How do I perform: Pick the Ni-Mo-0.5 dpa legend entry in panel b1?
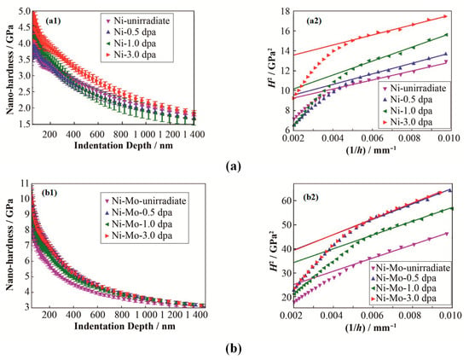click(x=139, y=212)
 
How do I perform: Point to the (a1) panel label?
click(x=53, y=21)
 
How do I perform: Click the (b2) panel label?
click(x=310, y=198)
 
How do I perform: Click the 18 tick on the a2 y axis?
click(x=285, y=11)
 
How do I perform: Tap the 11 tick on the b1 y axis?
click(x=26, y=183)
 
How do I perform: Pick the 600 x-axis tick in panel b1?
click(x=97, y=315)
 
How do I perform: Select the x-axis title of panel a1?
click(x=124, y=145)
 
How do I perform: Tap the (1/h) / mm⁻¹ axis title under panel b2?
click(x=371, y=328)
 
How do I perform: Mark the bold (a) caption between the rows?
click(x=234, y=166)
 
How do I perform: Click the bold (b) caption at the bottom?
click(x=234, y=349)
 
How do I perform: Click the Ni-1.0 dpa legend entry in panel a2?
click(x=408, y=111)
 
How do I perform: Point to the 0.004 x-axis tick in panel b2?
click(x=333, y=315)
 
